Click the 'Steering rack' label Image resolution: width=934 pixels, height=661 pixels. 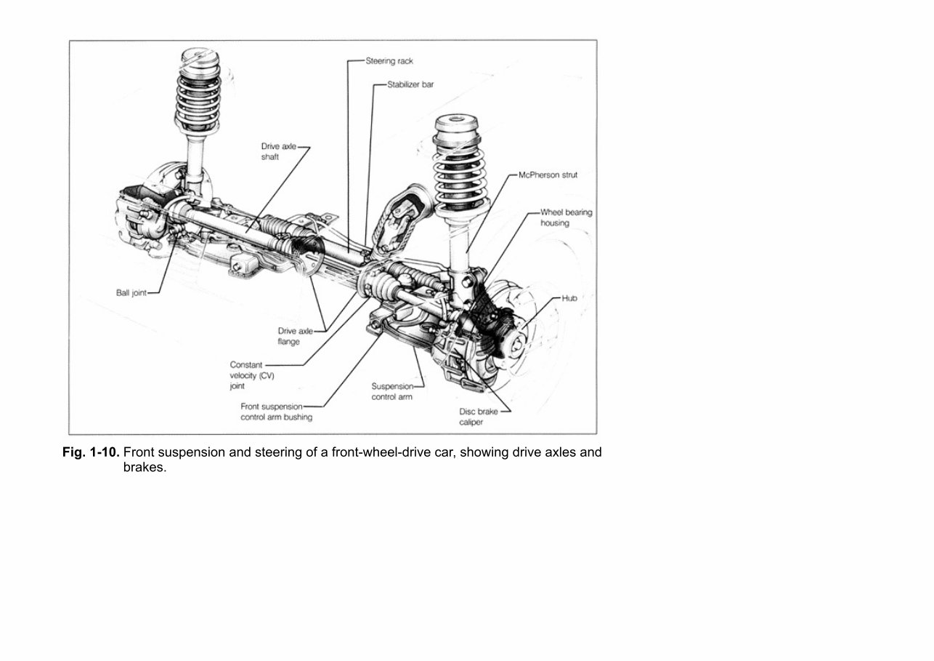pyautogui.click(x=389, y=61)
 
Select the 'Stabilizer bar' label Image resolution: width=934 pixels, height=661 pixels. pyautogui.click(x=410, y=85)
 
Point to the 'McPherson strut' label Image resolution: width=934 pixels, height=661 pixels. pyautogui.click(x=548, y=175)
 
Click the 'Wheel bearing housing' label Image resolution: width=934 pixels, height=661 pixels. pyautogui.click(x=566, y=218)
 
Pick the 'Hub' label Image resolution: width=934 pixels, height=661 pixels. pyautogui.click(x=569, y=297)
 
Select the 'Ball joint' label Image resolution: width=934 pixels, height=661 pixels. pyautogui.click(x=131, y=293)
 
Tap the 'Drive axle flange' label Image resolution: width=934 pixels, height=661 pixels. pyautogui.click(x=295, y=336)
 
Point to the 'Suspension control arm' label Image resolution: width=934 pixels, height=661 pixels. pyautogui.click(x=392, y=392)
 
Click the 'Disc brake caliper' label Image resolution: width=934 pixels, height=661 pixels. pyautogui.click(x=478, y=417)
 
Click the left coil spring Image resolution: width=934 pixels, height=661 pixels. pyautogui.click(x=198, y=95)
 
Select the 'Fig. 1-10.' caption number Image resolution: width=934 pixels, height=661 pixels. pyautogui.click(x=90, y=452)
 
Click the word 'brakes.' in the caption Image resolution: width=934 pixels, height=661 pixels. pyautogui.click(x=145, y=468)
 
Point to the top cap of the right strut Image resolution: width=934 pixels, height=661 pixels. pyautogui.click(x=459, y=121)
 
